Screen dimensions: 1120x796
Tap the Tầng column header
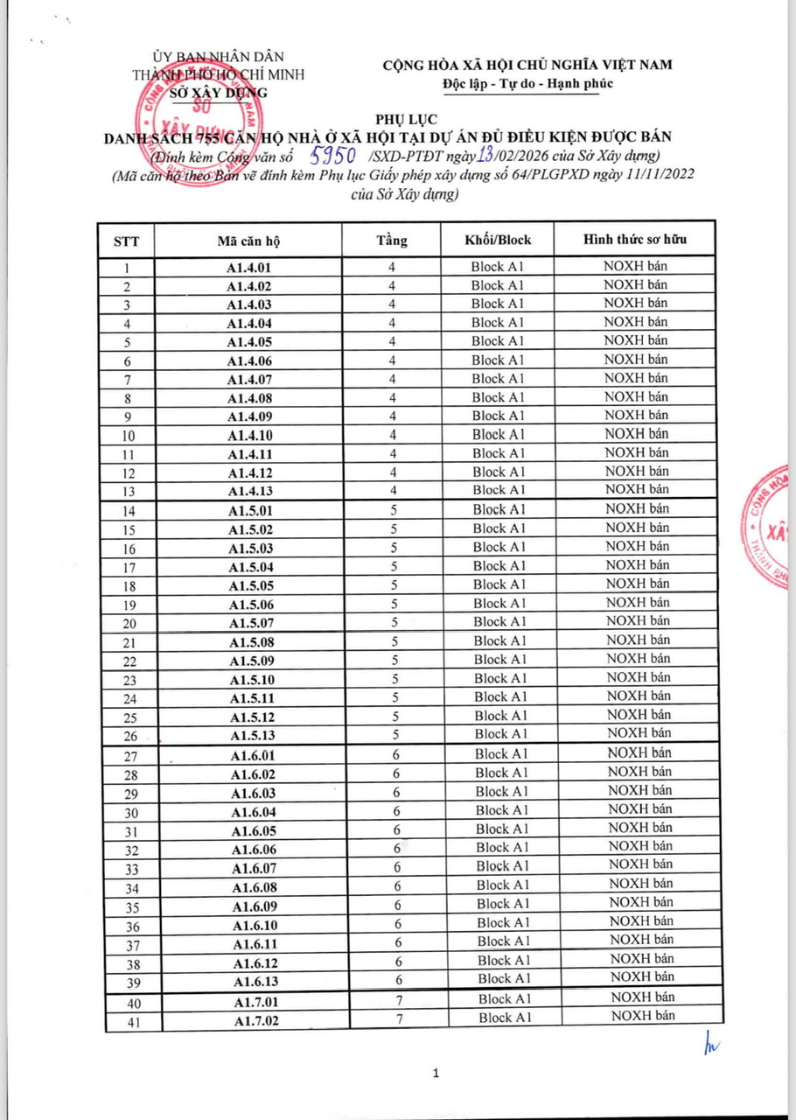coord(392,241)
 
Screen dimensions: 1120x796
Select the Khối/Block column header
coord(498,240)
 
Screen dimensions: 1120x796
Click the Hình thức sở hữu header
coord(636,239)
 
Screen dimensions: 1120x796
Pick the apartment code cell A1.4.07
coord(250,379)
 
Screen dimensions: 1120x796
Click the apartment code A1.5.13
coord(252,735)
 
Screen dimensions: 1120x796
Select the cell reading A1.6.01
coord(253,755)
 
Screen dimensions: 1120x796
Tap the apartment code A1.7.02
coord(255,1020)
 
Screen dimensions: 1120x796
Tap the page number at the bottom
coord(435,1073)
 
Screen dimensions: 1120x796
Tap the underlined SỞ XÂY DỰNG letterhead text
coord(218,92)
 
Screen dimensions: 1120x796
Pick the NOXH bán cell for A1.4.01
coord(636,267)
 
